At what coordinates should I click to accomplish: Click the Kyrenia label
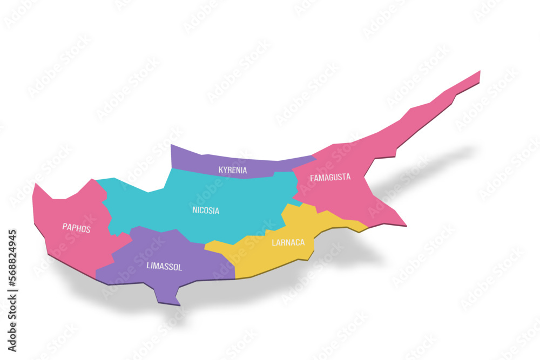pos(233,170)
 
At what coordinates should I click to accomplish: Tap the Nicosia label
pos(206,210)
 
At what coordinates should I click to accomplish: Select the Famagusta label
pos(330,177)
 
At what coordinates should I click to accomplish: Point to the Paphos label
pos(76,228)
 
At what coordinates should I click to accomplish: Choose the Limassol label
pos(164,266)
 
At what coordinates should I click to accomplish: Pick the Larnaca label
pos(288,243)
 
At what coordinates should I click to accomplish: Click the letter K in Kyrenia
pos(221,171)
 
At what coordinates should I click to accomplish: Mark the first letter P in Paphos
pos(64,227)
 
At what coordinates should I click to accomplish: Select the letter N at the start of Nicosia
pos(194,210)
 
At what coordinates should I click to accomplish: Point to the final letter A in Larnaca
pos(302,242)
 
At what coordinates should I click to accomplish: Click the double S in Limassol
pos(168,266)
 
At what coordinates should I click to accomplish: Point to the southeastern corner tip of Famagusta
pos(404,224)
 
